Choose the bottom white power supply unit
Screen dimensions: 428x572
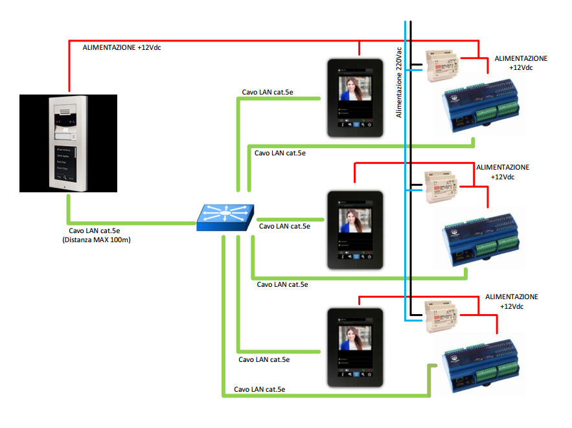442,316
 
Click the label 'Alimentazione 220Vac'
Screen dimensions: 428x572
399,80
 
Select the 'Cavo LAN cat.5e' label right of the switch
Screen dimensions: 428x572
284,226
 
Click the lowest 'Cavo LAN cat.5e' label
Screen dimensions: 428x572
260,389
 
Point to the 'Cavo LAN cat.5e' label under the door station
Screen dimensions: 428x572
95,231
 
